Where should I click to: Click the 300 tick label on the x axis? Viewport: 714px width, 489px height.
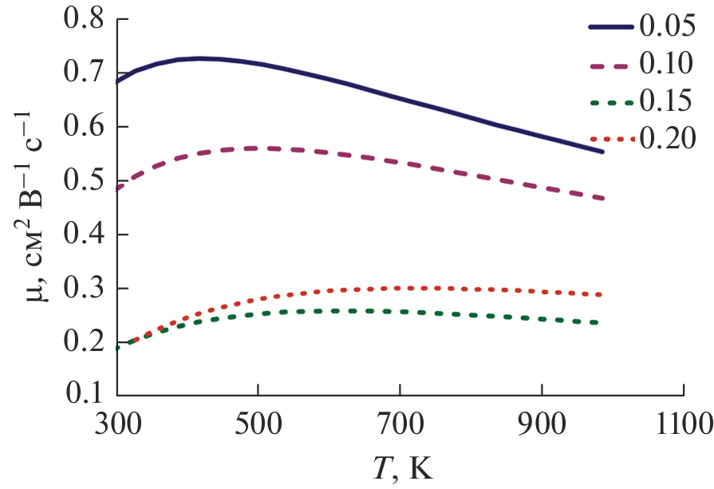pyautogui.click(x=117, y=420)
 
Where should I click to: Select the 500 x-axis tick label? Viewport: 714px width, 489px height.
pyautogui.click(x=258, y=420)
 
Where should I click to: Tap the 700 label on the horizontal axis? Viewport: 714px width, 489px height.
pyautogui.click(x=400, y=420)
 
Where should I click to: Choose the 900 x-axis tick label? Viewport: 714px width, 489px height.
pyautogui.click(x=542, y=420)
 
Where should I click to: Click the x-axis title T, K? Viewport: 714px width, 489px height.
pyautogui.click(x=401, y=467)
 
